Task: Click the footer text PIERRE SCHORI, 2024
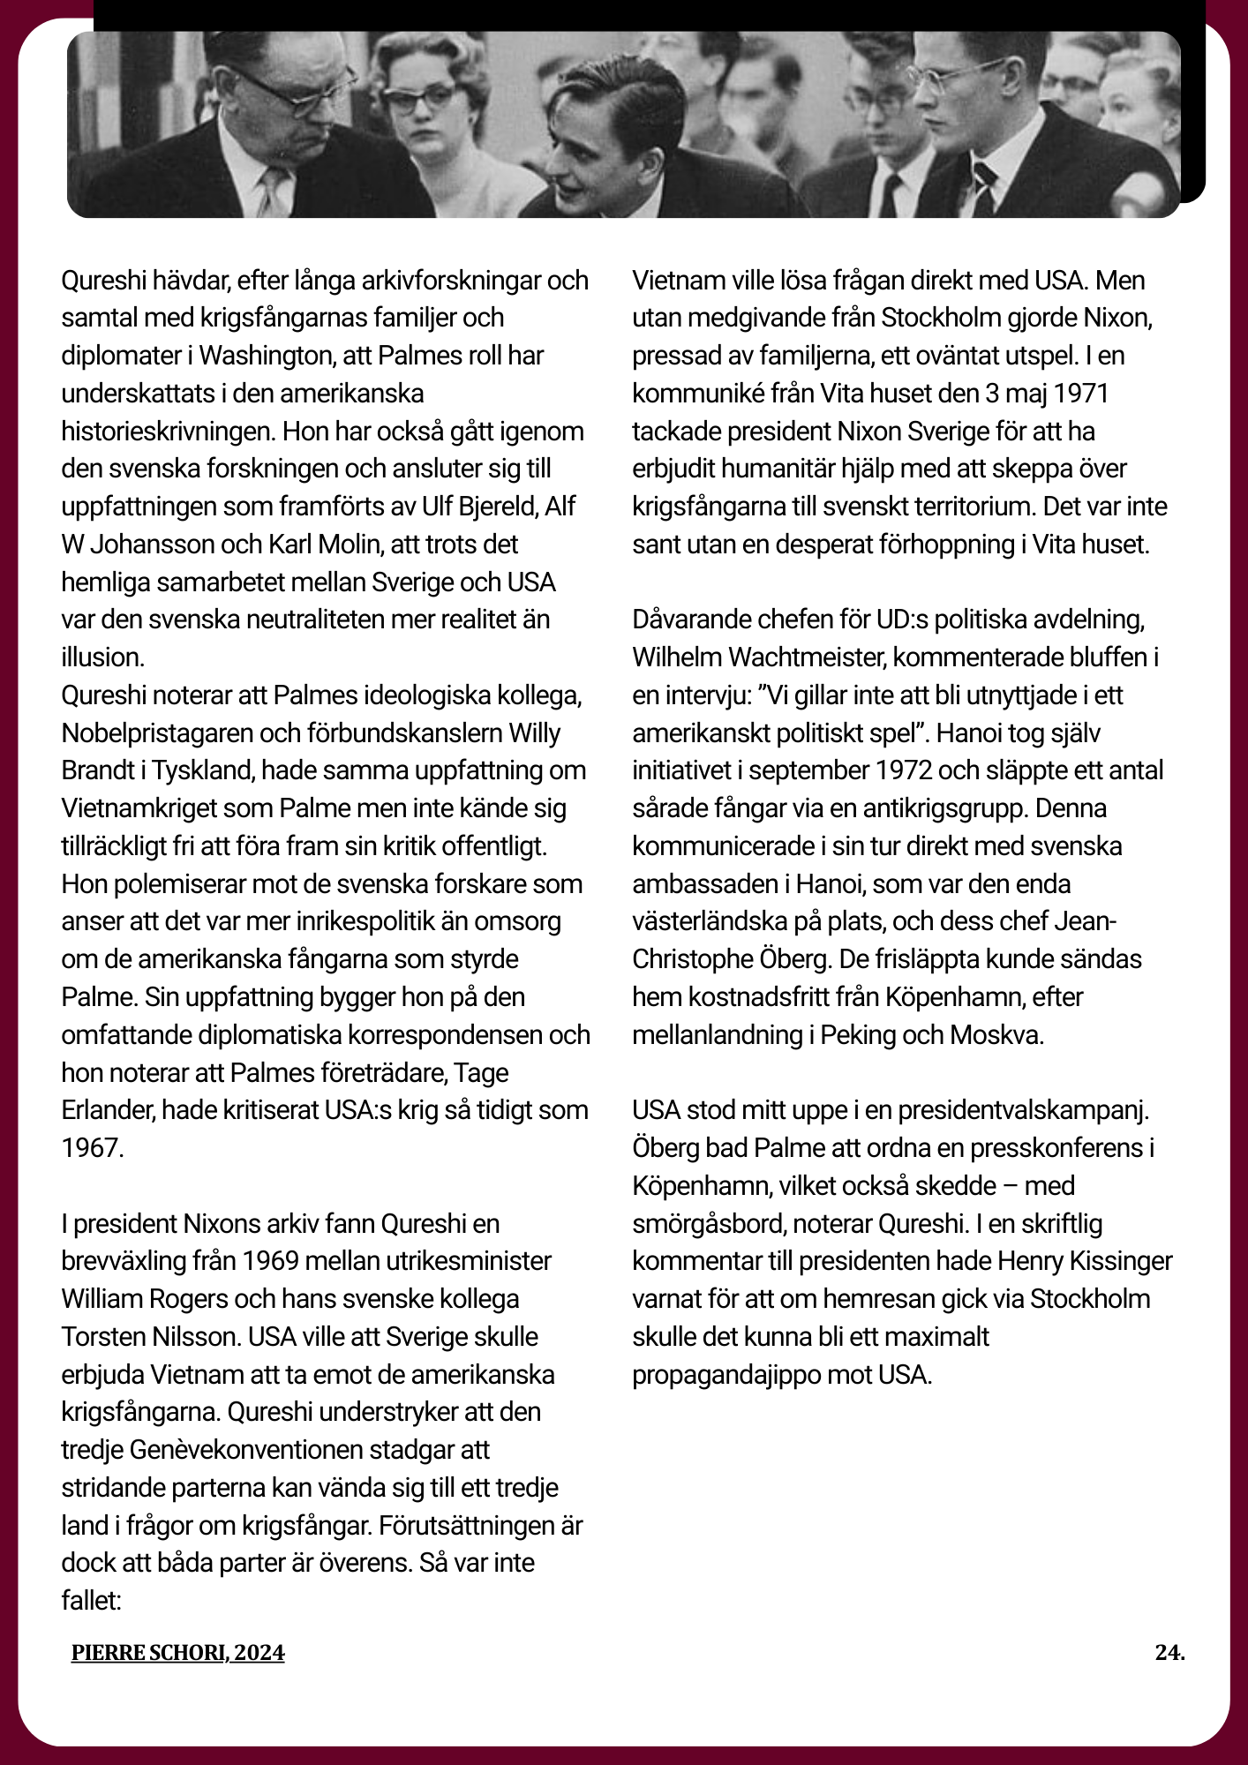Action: click(x=177, y=1653)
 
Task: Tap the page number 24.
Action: click(x=1169, y=1652)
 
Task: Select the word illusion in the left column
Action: click(x=101, y=657)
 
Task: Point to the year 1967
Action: click(x=91, y=1148)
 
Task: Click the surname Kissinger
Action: click(x=1121, y=1261)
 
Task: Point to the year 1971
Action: click(x=1080, y=394)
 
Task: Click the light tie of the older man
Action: click(x=273, y=190)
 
